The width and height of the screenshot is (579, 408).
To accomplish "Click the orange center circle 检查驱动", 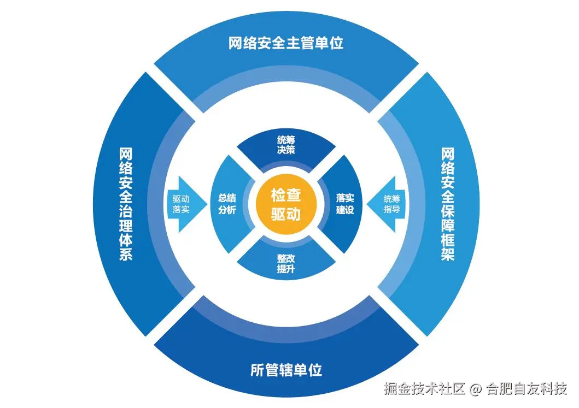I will pos(286,204).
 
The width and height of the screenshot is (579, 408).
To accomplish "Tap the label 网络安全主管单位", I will pos(285,43).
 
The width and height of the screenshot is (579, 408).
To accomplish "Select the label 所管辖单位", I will pos(286,370).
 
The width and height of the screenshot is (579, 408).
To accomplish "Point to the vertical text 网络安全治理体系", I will pos(126,203).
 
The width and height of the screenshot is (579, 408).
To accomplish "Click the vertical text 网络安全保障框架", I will pos(448,203).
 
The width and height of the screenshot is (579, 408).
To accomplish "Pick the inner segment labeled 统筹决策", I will pos(286,145).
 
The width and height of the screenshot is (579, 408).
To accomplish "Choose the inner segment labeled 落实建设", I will pos(344,204).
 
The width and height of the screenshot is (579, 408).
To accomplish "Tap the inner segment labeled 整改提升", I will pos(286,264).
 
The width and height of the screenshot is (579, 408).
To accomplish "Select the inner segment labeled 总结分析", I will pos(226,204).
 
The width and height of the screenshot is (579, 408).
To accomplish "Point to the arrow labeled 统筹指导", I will pos(391,204).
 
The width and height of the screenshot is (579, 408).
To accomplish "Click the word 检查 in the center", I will pos(286,195).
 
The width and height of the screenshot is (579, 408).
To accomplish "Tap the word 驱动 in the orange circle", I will pos(286,214).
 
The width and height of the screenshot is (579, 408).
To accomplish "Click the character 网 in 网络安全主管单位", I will pos(236,43).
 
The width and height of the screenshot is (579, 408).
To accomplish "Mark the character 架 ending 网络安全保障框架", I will pos(448,254).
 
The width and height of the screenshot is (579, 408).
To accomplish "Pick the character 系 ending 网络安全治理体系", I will pos(126,254).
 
